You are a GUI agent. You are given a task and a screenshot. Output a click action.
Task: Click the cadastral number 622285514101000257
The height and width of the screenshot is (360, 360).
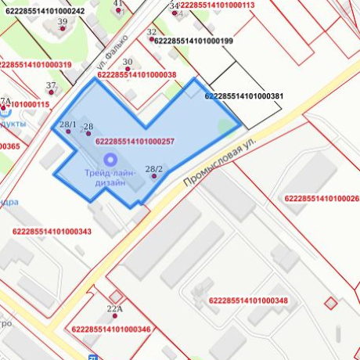[134, 142]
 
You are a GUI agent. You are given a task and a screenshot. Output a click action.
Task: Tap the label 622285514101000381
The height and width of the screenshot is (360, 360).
[243, 96]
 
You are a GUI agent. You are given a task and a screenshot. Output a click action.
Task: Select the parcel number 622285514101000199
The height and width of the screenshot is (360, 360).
[194, 40]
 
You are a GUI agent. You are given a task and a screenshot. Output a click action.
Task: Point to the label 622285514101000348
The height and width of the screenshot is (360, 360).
[248, 301]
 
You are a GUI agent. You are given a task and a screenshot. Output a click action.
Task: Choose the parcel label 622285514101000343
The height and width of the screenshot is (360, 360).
[52, 231]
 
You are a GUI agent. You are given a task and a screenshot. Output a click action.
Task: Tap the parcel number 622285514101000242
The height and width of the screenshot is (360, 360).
[45, 11]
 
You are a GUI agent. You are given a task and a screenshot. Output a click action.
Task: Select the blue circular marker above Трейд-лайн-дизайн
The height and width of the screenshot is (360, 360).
[110, 158]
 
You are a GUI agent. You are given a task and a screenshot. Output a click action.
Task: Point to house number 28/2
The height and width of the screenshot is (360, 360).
[154, 169]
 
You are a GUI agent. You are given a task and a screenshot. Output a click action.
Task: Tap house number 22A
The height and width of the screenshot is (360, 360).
[115, 309]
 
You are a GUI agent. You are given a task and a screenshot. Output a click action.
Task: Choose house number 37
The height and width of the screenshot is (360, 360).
[51, 85]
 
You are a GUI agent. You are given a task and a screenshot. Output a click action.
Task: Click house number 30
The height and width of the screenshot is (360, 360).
[128, 62]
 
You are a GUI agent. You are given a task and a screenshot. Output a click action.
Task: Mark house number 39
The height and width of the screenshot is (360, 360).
[63, 21]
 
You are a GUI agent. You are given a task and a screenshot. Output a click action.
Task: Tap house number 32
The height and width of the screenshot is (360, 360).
[151, 32]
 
